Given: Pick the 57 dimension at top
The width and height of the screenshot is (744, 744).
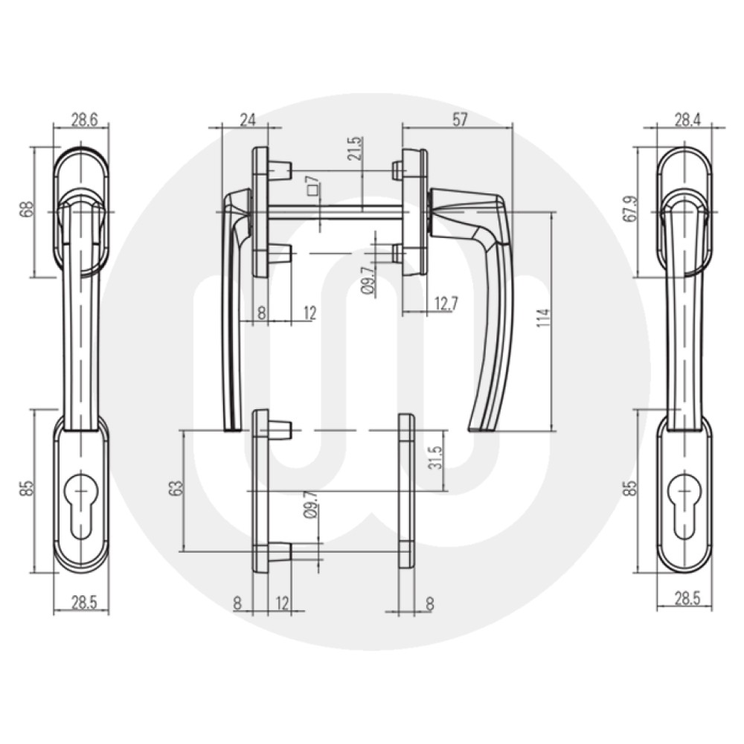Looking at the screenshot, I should [459, 120].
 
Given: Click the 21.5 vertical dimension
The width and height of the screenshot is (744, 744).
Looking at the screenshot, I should [354, 149].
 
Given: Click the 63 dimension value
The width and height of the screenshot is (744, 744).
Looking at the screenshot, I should [176, 490].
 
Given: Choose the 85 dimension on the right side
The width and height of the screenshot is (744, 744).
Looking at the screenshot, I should [631, 490].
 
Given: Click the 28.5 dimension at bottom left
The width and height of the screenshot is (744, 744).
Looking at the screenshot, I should [83, 603].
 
